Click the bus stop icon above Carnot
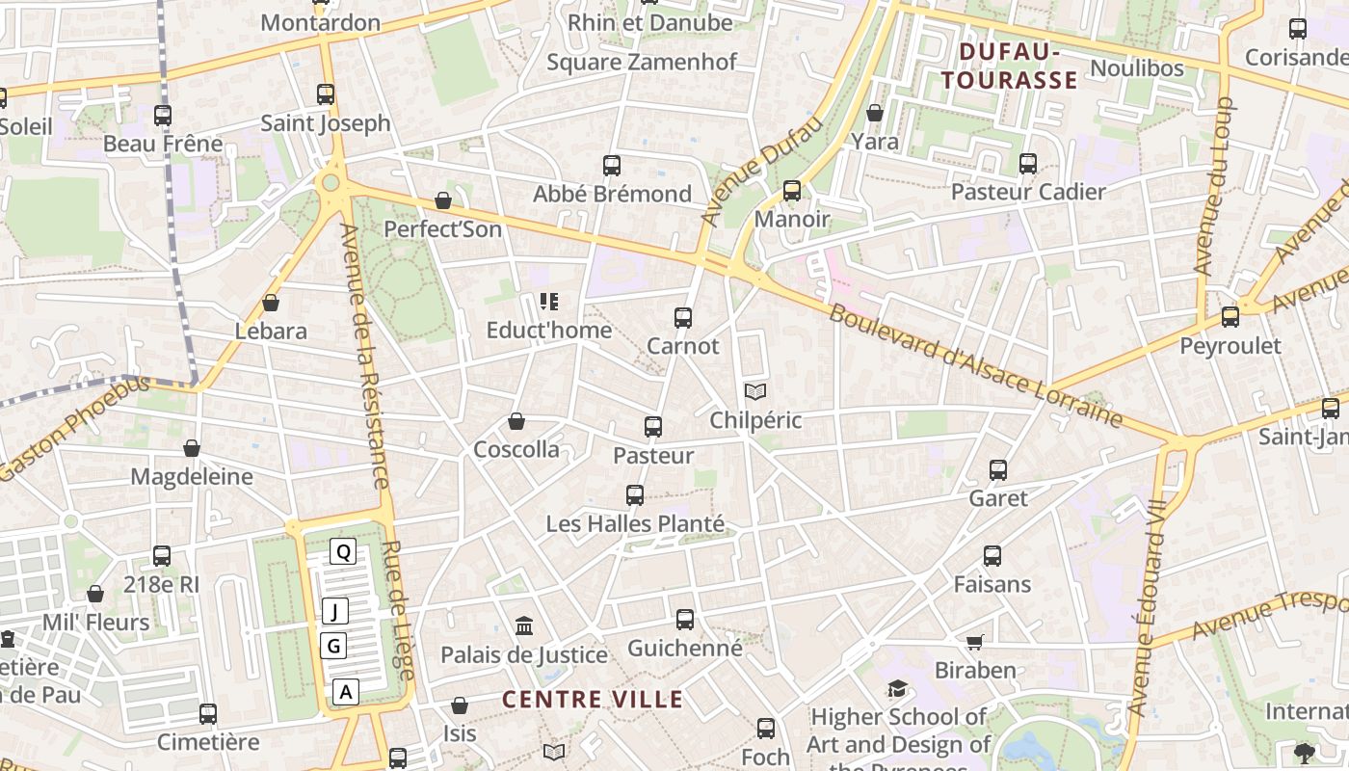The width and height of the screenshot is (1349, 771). [683, 317]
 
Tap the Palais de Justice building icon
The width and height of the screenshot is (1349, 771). [524, 626]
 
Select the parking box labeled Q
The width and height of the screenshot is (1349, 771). [343, 551]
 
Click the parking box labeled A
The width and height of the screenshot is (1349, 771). [347, 691]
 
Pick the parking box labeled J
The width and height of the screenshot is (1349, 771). [334, 611]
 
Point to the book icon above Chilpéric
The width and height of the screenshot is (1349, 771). [755, 392]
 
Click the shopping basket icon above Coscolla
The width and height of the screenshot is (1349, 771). [516, 421]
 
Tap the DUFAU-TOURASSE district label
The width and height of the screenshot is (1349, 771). [1009, 66]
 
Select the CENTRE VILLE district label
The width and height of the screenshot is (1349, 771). [593, 700]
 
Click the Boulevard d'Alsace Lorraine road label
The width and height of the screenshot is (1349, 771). [975, 366]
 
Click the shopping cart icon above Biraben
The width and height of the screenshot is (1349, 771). [975, 642]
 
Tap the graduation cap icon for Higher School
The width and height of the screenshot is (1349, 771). [897, 689]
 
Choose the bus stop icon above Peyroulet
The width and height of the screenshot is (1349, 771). [1230, 317]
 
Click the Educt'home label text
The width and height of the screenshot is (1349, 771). [548, 331]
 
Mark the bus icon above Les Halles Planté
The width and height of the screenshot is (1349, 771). [634, 495]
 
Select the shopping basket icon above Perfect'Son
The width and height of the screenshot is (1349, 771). [443, 200]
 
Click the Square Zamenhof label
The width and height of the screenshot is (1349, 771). [642, 62]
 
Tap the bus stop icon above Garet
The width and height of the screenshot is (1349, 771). [998, 470]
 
